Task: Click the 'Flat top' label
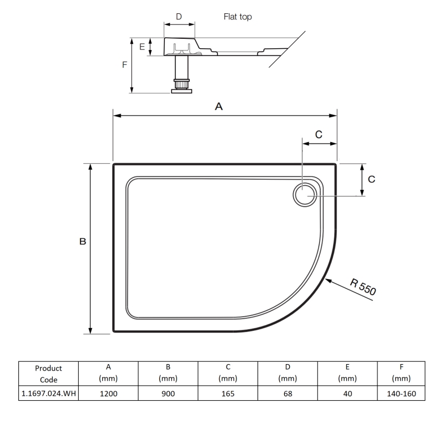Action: [238, 17]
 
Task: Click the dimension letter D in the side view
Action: [179, 17]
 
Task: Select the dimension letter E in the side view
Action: [142, 47]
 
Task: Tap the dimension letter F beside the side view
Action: [124, 64]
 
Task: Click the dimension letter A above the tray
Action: [219, 107]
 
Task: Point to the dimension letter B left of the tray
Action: [82, 242]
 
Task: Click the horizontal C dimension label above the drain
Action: [319, 134]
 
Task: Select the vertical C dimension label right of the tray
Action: [372, 179]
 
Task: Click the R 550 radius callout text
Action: [364, 289]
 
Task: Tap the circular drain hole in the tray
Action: [304, 195]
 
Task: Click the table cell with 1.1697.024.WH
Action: [48, 393]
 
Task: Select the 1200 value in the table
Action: [108, 393]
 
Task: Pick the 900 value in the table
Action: [168, 393]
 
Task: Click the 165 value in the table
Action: [228, 393]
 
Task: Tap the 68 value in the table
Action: [287, 393]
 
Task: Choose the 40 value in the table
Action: [347, 393]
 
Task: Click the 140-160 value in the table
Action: [401, 393]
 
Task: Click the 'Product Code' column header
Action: [48, 374]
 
